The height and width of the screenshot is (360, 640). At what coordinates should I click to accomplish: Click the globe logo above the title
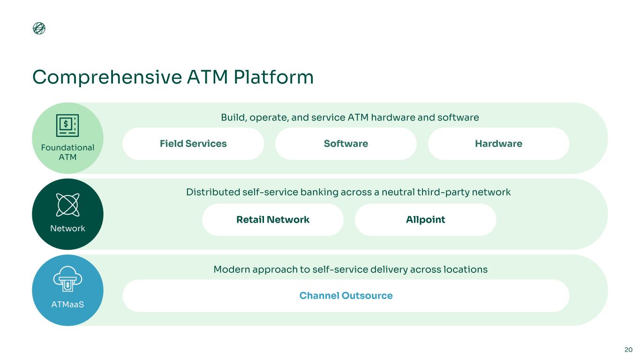(x=39, y=29)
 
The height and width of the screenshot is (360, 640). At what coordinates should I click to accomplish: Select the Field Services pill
(x=193, y=144)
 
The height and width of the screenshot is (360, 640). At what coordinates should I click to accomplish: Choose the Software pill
(x=346, y=144)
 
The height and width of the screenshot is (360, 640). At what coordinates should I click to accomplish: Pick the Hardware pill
(x=498, y=144)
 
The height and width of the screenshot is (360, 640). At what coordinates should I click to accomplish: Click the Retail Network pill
(x=273, y=220)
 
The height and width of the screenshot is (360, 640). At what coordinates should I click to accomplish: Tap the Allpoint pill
(x=425, y=220)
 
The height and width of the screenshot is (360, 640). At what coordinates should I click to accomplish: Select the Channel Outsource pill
(x=346, y=296)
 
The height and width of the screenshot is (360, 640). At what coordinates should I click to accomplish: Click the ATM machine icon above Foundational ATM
(x=68, y=125)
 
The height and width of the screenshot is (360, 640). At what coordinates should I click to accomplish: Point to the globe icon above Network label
(x=68, y=204)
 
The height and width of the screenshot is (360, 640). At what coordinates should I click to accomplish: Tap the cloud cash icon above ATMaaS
(x=68, y=280)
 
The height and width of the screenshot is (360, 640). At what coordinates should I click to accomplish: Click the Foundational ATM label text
(x=68, y=152)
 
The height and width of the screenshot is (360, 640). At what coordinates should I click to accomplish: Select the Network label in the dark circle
(x=68, y=229)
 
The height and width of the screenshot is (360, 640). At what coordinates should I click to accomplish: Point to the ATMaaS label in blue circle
(x=68, y=305)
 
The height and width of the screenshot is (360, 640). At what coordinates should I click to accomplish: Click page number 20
(x=628, y=350)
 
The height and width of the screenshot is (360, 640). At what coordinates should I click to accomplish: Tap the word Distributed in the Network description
(x=211, y=193)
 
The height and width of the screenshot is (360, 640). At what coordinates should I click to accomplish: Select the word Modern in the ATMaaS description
(x=230, y=270)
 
